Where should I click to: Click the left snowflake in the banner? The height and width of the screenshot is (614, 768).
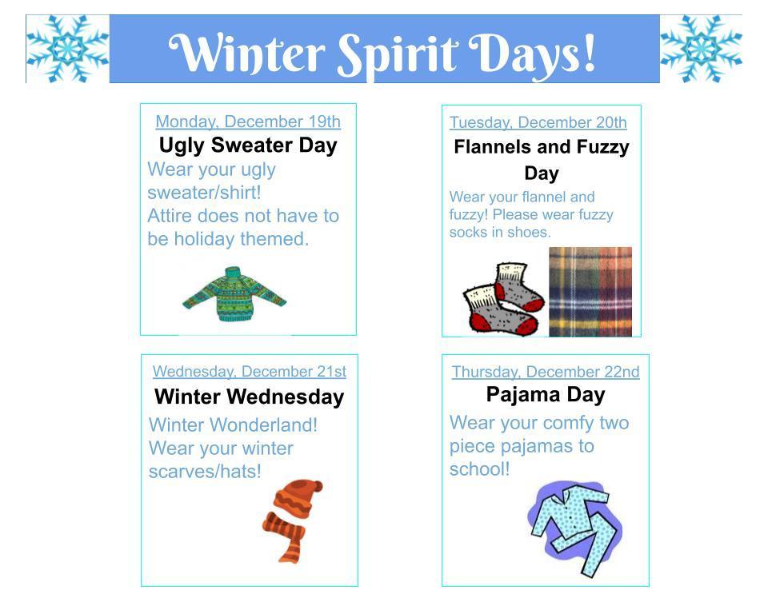tap(67, 49)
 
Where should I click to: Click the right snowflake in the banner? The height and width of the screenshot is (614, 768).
tap(701, 49)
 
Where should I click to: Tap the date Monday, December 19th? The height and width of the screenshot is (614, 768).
tap(248, 122)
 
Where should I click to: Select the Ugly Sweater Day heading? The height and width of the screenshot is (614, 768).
tap(248, 146)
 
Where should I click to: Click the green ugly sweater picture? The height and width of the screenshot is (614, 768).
tap(234, 293)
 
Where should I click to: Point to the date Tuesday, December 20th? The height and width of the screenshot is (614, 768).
tap(538, 122)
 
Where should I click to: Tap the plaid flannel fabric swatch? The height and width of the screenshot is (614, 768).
tap(590, 292)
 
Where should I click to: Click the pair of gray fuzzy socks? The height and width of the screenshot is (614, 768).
tap(504, 299)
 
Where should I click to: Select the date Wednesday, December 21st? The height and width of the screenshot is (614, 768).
tap(250, 371)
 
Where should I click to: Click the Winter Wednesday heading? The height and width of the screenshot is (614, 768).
tap(250, 397)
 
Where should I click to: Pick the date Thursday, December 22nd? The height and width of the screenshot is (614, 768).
tap(546, 372)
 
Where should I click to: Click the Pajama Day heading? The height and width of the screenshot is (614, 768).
tap(546, 395)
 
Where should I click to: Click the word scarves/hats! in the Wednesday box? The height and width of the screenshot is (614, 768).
tap(205, 472)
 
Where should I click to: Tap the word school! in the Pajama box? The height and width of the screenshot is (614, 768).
tap(479, 469)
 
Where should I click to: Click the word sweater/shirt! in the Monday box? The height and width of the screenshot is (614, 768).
tap(204, 193)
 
